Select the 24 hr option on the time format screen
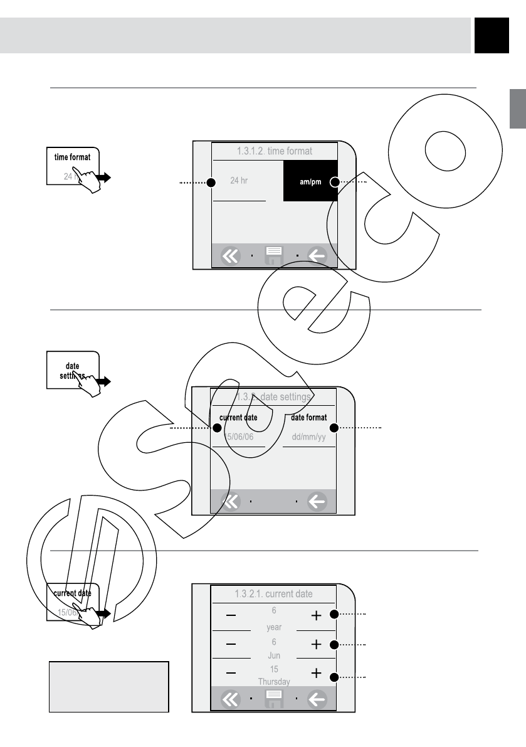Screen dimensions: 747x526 239,181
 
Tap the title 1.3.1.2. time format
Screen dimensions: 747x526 275,151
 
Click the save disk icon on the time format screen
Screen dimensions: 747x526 274,255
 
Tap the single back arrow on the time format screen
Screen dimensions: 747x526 317,256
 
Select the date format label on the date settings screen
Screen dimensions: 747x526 309,418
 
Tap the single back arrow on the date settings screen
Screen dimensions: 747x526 317,501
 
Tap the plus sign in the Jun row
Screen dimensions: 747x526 317,644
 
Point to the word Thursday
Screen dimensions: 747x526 274,682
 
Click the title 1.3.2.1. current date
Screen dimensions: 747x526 273,593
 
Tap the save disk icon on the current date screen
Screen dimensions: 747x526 274,699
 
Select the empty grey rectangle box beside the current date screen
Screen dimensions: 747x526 109,686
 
